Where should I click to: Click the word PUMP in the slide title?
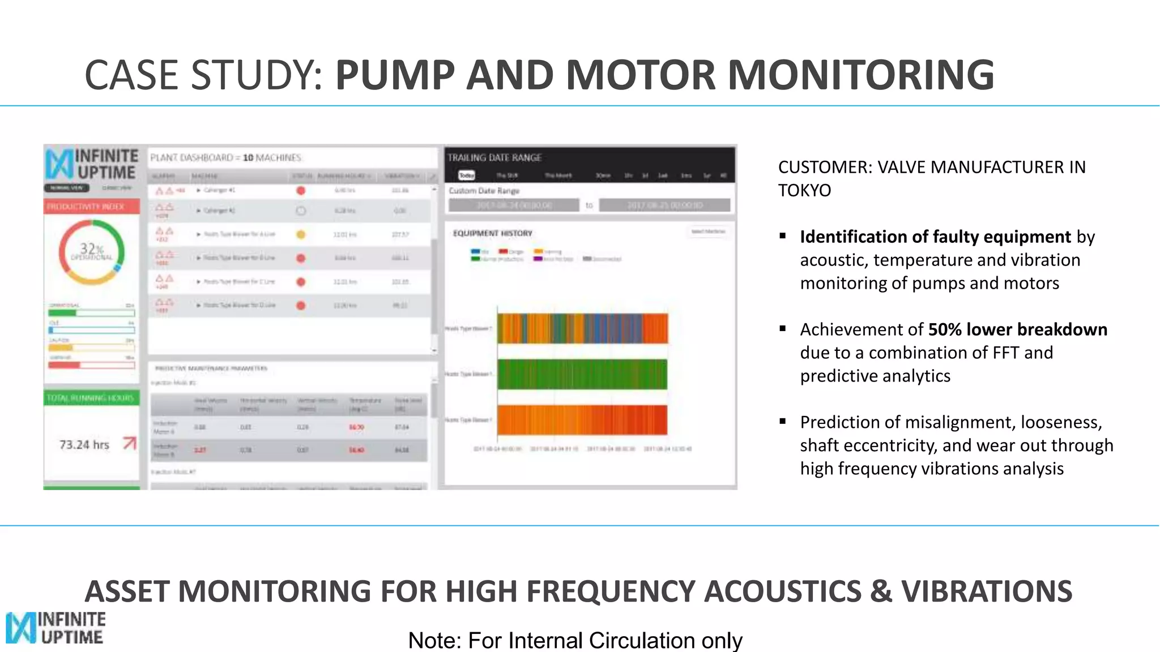395,75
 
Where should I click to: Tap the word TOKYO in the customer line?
804,191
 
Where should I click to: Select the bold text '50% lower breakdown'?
1017,329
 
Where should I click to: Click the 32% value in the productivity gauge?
91,249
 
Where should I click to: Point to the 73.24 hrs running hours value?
84,445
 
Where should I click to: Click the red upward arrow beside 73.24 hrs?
130,443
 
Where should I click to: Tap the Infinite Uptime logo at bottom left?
56,628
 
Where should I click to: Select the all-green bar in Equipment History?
582,374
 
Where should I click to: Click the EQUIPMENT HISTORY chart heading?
493,233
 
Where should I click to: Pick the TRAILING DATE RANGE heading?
494,158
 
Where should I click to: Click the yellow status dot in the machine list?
301,234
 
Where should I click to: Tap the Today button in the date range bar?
466,175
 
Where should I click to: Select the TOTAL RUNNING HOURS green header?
91,398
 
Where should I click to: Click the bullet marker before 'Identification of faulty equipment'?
783,235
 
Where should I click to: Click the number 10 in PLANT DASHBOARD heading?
248,158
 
